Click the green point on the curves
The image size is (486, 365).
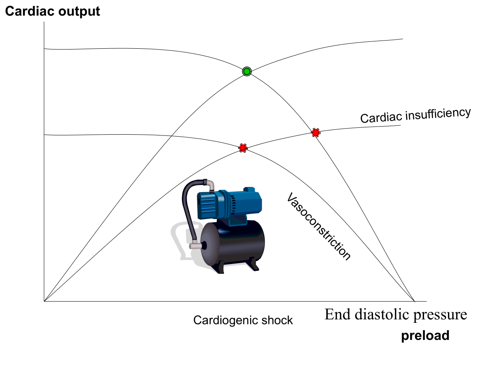tap(247, 71)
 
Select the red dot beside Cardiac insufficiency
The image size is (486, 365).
tap(315, 132)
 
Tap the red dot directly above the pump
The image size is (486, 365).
tap(243, 148)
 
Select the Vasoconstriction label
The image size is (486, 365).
tap(318, 226)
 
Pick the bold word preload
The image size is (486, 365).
tap(425, 336)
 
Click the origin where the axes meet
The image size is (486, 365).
tap(44, 301)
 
